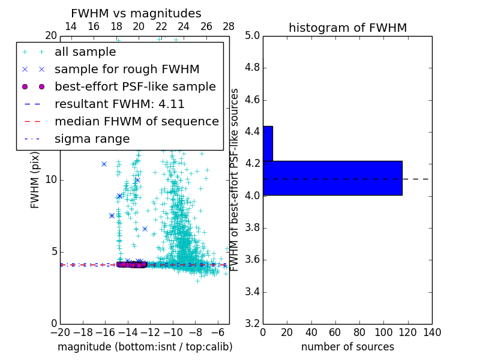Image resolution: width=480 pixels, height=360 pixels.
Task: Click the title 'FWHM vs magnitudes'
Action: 136,14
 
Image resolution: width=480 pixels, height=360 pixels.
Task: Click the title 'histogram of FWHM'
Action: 347,28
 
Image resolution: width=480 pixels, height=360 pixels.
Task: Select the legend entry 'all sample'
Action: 85,52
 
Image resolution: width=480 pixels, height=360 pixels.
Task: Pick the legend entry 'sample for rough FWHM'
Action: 127,69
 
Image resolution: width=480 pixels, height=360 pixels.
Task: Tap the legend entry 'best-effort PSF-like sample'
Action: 135,86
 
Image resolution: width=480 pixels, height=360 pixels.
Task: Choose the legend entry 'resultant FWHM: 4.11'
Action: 119,104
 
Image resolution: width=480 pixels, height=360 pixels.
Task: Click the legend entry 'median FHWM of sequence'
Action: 136,121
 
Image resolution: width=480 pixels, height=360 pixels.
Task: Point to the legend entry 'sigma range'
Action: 92,139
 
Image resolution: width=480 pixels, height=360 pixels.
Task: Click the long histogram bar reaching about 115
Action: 332,178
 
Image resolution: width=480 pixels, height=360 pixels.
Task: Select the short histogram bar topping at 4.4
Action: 268,143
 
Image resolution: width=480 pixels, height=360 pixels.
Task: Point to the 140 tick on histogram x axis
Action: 432,332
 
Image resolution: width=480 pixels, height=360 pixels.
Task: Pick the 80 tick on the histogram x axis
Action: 359,332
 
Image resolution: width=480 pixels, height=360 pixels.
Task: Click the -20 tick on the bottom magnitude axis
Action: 60,332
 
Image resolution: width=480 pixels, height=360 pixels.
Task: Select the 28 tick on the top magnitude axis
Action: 229,26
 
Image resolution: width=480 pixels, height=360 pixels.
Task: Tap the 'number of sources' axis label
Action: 347,347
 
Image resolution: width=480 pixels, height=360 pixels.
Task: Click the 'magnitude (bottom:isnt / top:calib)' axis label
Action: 145,347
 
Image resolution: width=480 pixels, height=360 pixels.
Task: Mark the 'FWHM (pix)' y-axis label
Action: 35,180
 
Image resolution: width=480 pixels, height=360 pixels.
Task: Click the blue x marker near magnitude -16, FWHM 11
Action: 104,164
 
